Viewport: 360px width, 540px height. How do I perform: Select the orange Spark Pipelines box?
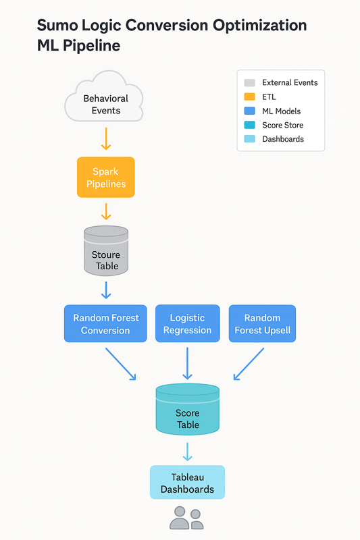click(106, 178)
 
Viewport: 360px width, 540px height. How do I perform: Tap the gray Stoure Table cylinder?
click(106, 250)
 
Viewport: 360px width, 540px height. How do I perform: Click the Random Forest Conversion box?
click(105, 323)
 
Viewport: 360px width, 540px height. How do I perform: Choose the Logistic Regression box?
click(187, 323)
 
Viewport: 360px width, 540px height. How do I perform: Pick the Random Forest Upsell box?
click(262, 323)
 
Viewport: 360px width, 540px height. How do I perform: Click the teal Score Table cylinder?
click(187, 409)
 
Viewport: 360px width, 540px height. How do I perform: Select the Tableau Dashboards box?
click(187, 482)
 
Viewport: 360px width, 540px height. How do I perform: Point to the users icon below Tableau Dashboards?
click(186, 518)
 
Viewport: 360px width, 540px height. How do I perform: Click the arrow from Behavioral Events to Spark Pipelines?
click(106, 139)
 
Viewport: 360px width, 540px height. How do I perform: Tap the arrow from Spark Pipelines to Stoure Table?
click(106, 211)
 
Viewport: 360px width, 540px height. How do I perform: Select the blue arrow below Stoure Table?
click(106, 290)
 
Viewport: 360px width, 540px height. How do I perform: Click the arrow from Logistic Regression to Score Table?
click(187, 363)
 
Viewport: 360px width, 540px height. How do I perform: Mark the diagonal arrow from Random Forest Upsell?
click(249, 364)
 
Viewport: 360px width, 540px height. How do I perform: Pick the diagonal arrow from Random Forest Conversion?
click(121, 364)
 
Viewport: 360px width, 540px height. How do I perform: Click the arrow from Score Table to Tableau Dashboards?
click(187, 452)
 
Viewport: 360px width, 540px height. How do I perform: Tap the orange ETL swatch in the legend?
click(249, 97)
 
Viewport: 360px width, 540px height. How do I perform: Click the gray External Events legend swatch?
click(249, 82)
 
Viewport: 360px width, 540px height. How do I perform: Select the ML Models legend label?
click(281, 111)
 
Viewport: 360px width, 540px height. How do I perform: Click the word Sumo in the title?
click(57, 26)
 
